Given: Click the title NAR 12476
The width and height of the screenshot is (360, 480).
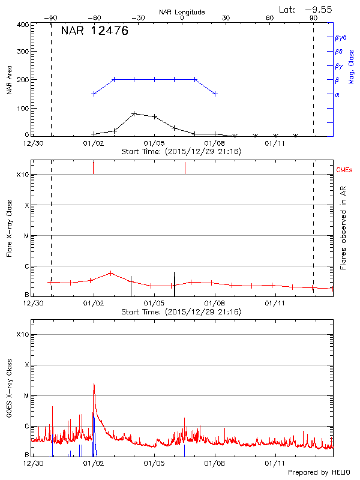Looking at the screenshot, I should (x=94, y=32).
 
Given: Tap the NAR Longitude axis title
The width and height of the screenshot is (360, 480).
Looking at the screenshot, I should (x=182, y=12).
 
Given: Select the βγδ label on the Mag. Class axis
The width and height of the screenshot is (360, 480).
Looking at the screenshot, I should (x=341, y=37).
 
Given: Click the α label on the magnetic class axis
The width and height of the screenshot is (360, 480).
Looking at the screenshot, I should (x=337, y=94).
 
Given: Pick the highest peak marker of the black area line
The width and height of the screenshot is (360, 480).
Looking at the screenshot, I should (x=134, y=113).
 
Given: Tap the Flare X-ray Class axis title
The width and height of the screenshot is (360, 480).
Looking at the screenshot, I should (x=9, y=228).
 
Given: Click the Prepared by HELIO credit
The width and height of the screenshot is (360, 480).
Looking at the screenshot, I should (x=319, y=472).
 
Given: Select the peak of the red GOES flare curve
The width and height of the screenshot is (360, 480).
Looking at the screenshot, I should (x=94, y=384).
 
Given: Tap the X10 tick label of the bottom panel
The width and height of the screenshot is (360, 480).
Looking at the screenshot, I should (x=22, y=334).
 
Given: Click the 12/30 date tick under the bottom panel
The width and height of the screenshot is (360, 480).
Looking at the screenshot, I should (x=34, y=464).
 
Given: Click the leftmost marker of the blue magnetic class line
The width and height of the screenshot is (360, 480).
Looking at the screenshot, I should (x=94, y=94).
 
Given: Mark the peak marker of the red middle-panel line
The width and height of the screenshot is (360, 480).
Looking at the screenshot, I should (x=110, y=273).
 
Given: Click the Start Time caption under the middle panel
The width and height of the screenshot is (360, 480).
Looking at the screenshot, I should (x=181, y=312).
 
